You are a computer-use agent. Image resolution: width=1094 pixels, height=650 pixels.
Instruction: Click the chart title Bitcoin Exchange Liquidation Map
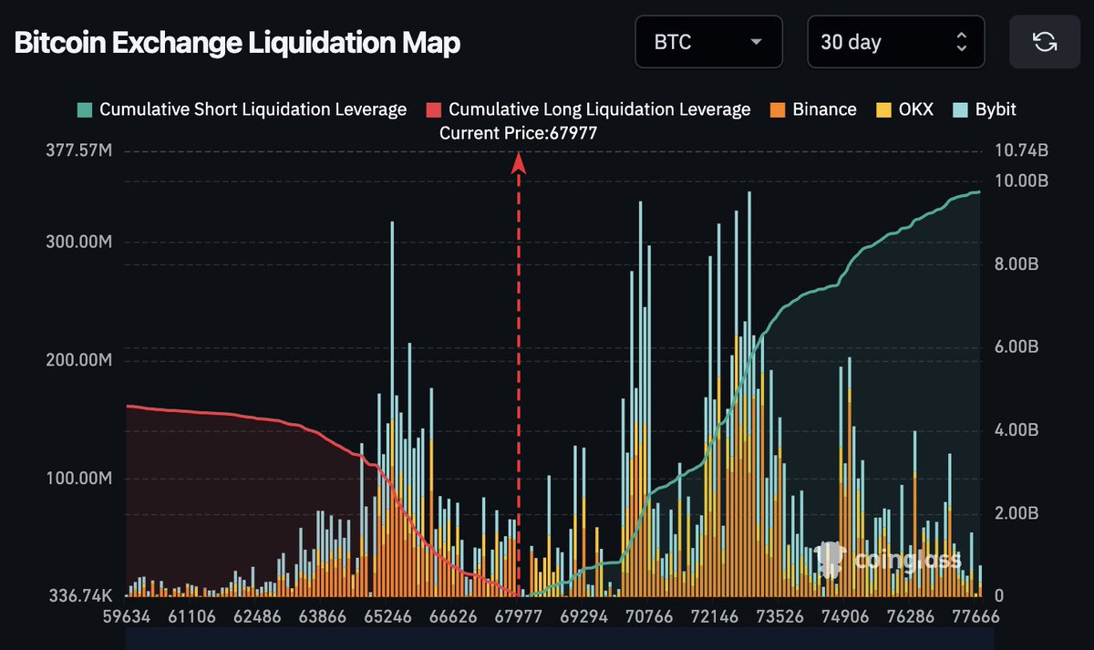[x=237, y=43]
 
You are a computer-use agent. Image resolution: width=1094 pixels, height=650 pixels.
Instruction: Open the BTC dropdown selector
[x=708, y=42]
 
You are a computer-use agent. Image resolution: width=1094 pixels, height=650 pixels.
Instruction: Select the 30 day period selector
[x=894, y=42]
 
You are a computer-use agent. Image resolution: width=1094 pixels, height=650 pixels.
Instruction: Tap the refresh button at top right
[x=1044, y=42]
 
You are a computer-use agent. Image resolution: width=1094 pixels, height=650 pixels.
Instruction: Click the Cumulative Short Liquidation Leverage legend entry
[x=243, y=109]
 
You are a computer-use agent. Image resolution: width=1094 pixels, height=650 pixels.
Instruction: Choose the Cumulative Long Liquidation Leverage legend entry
[x=589, y=109]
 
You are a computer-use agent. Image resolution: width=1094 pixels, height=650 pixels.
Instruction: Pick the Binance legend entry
[x=813, y=109]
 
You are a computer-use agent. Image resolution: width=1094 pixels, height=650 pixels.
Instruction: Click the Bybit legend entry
[x=985, y=109]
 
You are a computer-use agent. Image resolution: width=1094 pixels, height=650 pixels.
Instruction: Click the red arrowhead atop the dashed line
[x=519, y=162]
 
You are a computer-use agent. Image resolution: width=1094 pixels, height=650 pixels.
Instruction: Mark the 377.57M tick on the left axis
[x=79, y=150]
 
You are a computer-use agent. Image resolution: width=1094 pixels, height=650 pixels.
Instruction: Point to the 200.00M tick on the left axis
[x=79, y=360]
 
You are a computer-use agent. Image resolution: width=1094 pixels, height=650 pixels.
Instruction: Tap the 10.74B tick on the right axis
[x=1017, y=150]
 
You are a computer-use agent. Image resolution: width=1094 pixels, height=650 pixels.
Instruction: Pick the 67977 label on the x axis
[x=519, y=617]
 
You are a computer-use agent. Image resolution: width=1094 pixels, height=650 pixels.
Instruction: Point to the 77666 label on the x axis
[x=975, y=617]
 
